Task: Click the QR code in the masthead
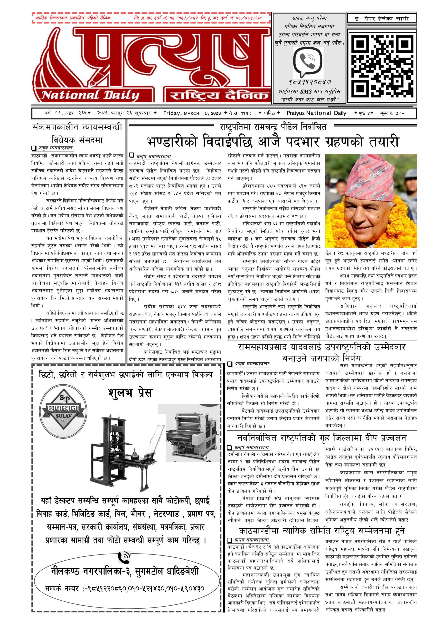click(382, 64)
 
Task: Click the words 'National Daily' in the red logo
click(90, 95)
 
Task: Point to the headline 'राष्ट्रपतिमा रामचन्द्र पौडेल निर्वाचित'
click(273, 127)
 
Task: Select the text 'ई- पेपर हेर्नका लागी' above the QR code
click(382, 19)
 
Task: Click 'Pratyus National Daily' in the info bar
click(316, 113)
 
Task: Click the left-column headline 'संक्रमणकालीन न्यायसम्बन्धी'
click(77, 127)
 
